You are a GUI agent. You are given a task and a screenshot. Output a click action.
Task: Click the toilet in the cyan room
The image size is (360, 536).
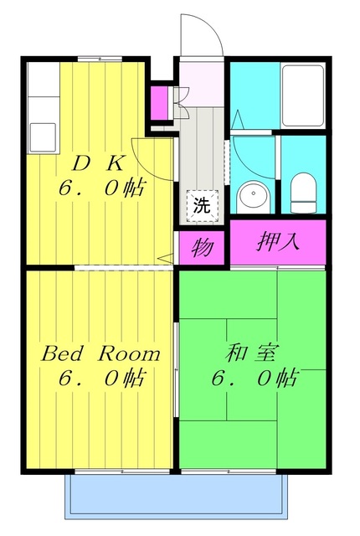coord(303,193)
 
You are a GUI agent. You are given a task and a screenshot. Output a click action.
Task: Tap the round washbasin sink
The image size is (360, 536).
coord(254,197)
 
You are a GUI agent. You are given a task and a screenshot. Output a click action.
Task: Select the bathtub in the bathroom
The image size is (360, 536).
coord(302,95)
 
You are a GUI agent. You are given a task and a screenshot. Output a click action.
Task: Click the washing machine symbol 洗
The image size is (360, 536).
coord(202,205)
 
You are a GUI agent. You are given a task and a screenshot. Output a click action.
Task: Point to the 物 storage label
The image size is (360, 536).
coord(203,248)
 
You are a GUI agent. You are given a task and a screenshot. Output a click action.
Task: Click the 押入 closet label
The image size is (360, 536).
coord(278,242)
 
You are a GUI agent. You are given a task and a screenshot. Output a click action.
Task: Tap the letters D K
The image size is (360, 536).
coord(98,164)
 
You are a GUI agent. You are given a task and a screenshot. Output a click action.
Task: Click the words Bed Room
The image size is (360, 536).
coord(100,353)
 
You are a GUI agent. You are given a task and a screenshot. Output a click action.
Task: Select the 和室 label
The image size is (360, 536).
coord(251,353)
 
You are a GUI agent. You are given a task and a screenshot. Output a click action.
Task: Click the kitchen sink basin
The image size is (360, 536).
coord(43,137)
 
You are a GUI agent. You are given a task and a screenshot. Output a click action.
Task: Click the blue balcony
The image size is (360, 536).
coord(176,497)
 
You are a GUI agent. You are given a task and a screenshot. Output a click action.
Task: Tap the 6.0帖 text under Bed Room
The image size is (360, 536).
coord(102,378)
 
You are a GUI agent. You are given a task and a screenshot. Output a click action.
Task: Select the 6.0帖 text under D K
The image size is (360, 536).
coord(102,188)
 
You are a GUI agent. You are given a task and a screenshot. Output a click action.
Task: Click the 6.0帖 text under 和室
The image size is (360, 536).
coord(255,378)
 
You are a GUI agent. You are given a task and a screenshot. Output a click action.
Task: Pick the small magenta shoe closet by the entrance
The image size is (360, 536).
coord(159,103)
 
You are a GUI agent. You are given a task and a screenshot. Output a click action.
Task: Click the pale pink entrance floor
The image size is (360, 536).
coord(202,84)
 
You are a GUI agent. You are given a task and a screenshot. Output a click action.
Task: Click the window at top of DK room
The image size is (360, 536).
coord(100,59)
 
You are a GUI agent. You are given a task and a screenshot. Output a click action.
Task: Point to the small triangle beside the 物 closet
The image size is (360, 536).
coord(167,259)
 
